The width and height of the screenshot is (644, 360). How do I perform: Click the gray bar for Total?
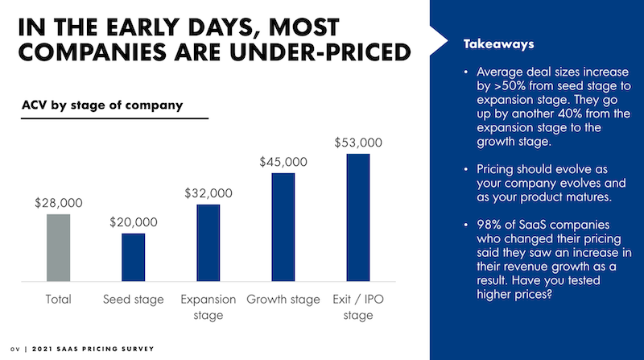point(58,247)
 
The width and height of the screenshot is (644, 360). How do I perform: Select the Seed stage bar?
point(133,257)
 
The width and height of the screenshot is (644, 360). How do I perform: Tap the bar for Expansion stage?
point(208,242)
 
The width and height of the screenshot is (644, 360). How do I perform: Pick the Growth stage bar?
point(283,226)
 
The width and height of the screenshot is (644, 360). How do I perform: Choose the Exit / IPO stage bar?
point(358,217)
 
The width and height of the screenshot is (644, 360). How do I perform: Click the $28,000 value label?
point(58,203)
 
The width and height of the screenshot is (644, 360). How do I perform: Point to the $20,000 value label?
point(134,222)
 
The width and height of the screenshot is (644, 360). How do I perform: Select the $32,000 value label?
point(208,193)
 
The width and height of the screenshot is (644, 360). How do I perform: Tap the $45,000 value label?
point(283,161)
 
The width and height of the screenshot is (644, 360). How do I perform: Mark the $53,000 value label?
point(358,143)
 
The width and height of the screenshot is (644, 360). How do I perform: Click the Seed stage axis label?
point(134,300)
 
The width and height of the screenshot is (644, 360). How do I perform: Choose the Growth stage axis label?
point(283,300)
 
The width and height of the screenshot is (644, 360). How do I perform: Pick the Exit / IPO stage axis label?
point(358,307)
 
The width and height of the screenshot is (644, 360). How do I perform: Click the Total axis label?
point(58,300)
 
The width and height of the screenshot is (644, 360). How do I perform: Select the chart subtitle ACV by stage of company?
point(101,105)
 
